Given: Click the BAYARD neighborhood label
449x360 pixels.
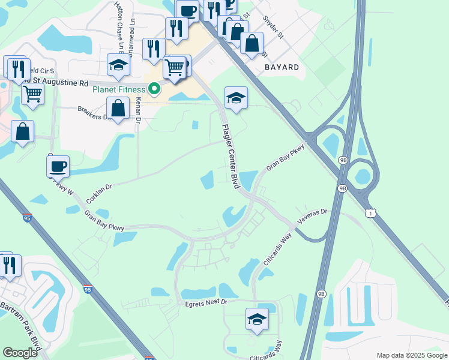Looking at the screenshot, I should [x=282, y=67].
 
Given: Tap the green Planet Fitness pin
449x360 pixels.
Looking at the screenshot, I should [x=155, y=89].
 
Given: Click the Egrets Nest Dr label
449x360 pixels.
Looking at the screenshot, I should [x=207, y=303].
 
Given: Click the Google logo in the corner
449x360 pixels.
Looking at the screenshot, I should [x=20, y=352].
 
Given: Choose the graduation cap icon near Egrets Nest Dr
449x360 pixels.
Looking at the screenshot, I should [x=257, y=320].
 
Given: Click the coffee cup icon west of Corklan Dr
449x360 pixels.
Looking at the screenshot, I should [x=58, y=166].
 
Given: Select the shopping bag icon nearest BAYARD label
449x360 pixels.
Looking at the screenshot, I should [x=252, y=43].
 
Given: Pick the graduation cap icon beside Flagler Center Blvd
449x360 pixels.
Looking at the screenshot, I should [x=236, y=98].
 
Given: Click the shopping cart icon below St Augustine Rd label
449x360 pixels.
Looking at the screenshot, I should [x=32, y=93].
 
